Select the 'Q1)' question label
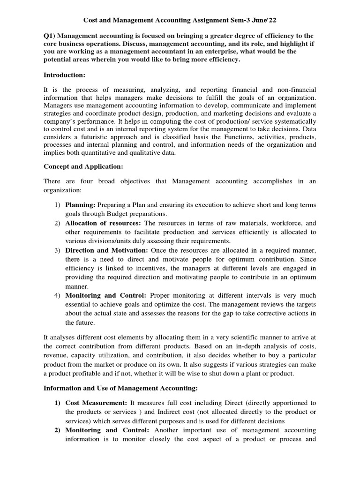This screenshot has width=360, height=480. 50,36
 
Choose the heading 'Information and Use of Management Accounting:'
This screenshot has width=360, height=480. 121,388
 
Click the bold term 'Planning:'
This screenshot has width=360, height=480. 80,205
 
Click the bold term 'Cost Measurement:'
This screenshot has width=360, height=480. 96,403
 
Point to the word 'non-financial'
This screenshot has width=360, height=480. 296,89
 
